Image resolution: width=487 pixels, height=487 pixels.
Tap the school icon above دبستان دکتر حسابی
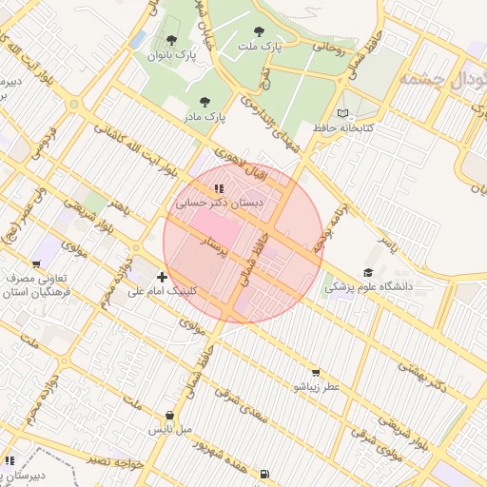(220, 188)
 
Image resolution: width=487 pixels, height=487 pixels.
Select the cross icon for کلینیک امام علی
(162, 277)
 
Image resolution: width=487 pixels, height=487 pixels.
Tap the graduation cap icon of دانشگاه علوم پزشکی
(368, 272)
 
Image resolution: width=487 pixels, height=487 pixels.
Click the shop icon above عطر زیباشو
(316, 373)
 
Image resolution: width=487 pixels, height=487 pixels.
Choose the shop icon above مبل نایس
(170, 416)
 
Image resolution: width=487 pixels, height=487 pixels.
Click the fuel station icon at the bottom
(263, 473)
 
